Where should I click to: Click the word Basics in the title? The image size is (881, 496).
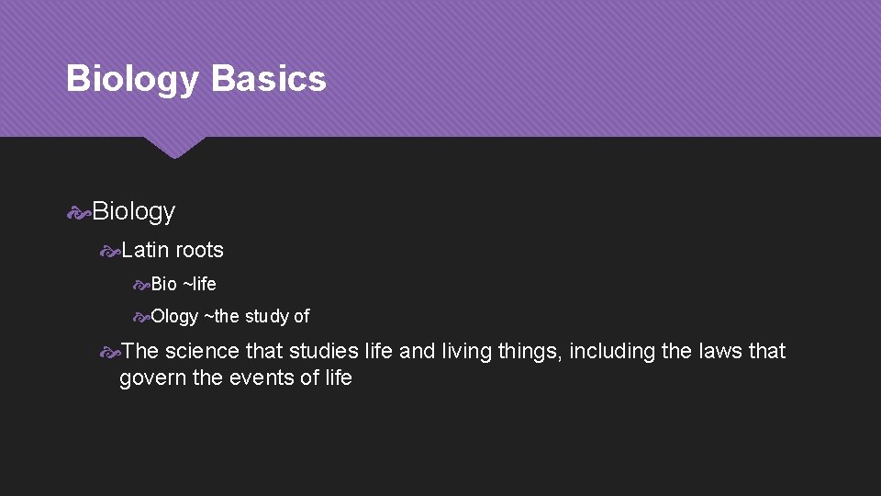pos(268,79)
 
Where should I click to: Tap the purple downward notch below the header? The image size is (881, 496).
pos(174,147)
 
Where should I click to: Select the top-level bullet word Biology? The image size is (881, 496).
pos(133,212)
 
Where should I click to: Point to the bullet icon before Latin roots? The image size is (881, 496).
pos(110,250)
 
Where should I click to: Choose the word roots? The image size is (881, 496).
pos(199,250)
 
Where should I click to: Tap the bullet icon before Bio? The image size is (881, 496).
pos(140,284)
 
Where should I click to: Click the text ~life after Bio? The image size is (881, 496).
pos(199,284)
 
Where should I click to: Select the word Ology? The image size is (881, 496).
pos(174,317)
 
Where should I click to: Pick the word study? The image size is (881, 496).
pos(267,317)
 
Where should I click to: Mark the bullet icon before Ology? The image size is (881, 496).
pos(140,317)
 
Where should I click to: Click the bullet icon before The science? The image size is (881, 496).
pos(110,351)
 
